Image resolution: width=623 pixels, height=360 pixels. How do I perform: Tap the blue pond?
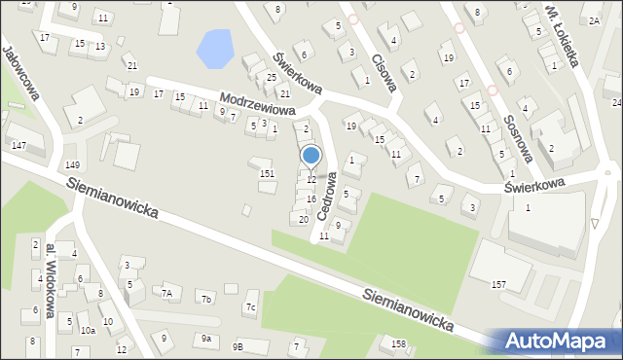(x=215, y=48)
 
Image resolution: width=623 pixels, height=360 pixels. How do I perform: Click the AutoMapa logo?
(x=560, y=341)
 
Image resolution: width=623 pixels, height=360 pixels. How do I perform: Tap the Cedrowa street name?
(x=329, y=199)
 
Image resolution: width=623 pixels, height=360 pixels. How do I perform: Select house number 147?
(x=18, y=145)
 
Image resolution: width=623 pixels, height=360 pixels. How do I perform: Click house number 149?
(x=72, y=164)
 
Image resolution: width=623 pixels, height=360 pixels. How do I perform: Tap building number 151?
(x=267, y=173)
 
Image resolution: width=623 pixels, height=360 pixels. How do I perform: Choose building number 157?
(x=498, y=284)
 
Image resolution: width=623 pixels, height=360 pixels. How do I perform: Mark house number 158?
(x=398, y=343)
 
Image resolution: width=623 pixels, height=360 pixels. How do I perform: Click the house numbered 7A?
(x=166, y=293)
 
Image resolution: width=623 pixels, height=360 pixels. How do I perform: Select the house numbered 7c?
(x=249, y=308)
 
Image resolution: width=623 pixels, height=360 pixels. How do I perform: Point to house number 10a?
(x=88, y=331)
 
